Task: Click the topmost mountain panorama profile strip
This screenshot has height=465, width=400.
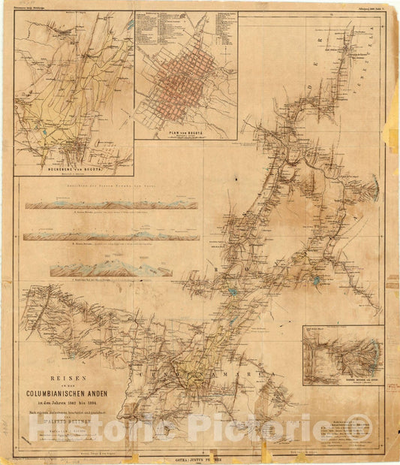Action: (x=111, y=204)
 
